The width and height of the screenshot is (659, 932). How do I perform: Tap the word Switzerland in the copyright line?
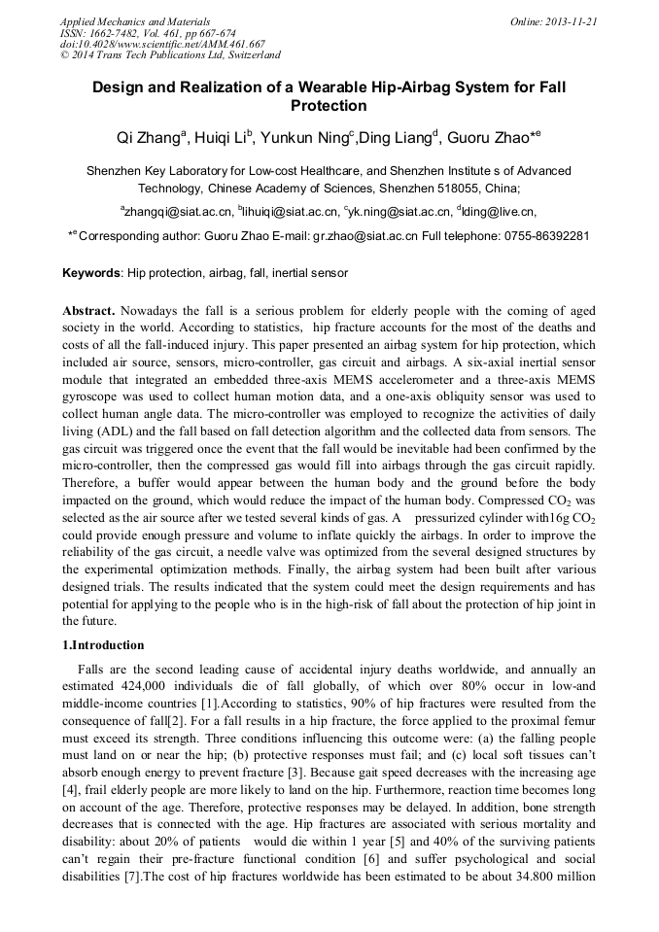[248, 55]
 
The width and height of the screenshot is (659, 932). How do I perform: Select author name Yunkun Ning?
[302, 137]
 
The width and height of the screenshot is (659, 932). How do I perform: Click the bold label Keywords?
[92, 273]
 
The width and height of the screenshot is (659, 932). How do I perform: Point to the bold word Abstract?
[88, 311]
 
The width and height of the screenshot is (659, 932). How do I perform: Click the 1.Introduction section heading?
[103, 645]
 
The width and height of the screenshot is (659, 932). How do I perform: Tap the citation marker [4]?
[70, 773]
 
